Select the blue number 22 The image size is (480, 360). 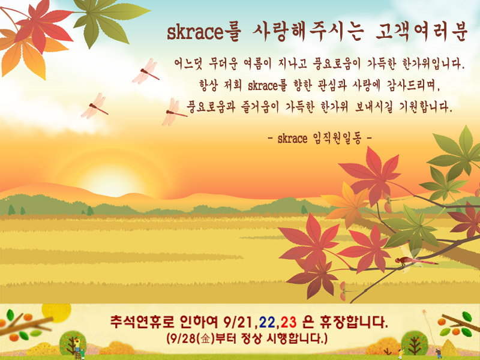(x=267, y=322)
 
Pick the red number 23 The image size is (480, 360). (x=289, y=322)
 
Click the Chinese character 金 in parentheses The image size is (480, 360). (x=205, y=339)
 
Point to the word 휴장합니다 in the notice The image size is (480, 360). (x=353, y=322)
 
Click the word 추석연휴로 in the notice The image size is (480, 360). (x=142, y=322)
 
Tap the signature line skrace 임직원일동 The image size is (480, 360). (x=320, y=139)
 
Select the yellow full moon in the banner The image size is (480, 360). (x=56, y=312)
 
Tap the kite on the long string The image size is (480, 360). (x=425, y=313)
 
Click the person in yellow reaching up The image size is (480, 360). (x=400, y=353)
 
